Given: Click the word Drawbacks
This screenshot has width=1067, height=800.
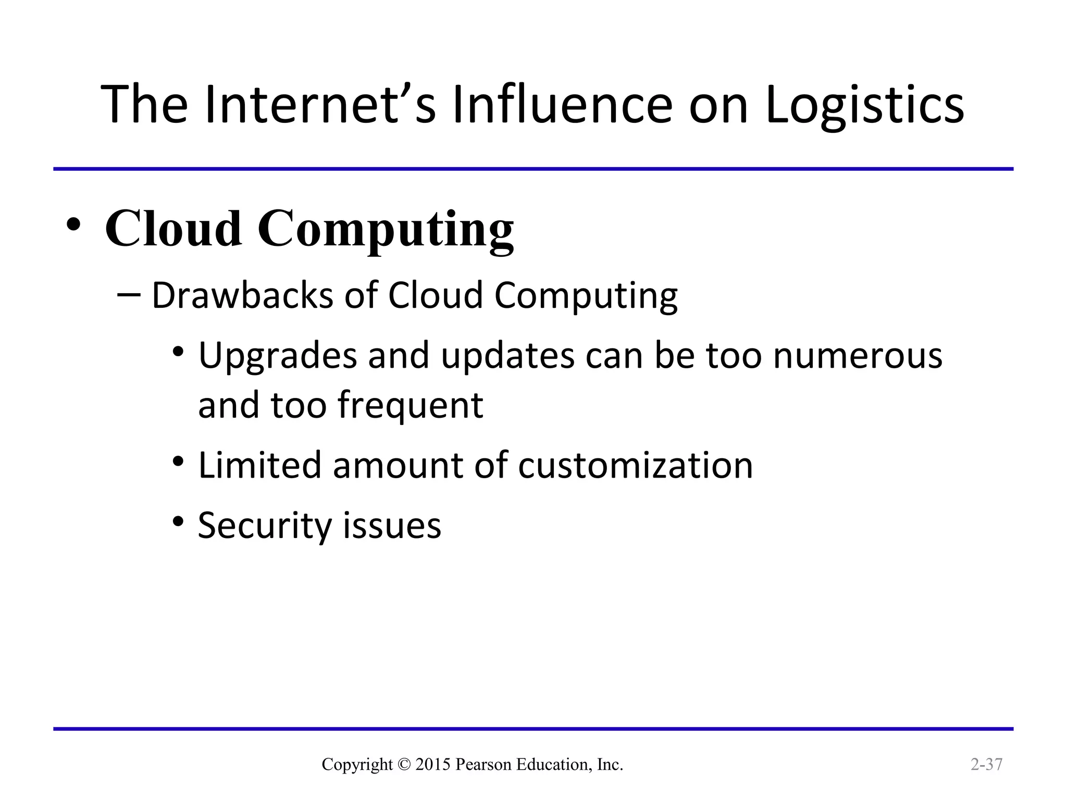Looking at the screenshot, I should click(242, 295).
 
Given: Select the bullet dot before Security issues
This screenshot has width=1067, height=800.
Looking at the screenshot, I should click(179, 521).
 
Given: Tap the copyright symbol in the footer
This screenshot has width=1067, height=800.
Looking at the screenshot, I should click(404, 765).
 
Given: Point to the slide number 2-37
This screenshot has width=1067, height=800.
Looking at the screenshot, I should click(986, 764).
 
